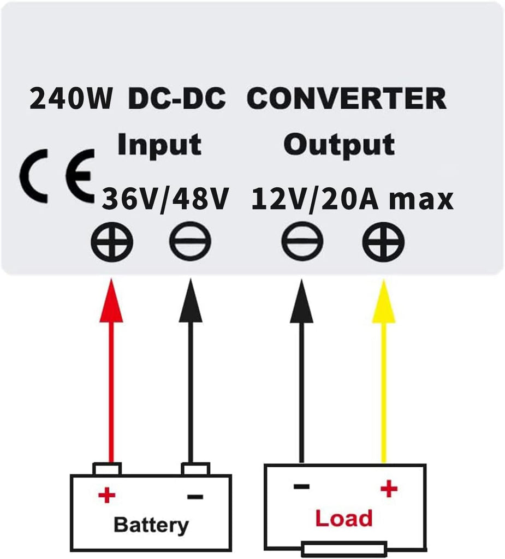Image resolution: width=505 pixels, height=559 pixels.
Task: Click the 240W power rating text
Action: [x=70, y=99]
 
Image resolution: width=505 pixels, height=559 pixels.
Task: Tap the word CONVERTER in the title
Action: [x=346, y=98]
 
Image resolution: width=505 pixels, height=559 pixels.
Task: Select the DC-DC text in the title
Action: [x=176, y=98]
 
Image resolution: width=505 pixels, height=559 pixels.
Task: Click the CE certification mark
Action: [x=58, y=176]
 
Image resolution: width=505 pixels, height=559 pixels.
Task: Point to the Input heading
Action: [x=159, y=145]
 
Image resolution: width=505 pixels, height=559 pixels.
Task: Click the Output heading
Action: [x=339, y=145]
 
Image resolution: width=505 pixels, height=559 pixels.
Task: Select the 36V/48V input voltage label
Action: [x=165, y=199]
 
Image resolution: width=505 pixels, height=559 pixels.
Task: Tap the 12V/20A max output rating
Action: [x=352, y=199]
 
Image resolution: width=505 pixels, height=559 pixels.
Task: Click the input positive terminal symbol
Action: [x=112, y=242]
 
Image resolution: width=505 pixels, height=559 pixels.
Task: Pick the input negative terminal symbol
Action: [x=190, y=241]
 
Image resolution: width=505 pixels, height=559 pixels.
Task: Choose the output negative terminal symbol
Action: [x=302, y=241]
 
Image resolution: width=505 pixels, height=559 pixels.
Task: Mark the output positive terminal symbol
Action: [x=383, y=242]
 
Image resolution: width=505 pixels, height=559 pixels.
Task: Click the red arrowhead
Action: [x=111, y=301]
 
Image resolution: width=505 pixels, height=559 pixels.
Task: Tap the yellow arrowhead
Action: [x=384, y=301]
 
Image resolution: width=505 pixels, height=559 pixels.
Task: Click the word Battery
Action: [x=151, y=525]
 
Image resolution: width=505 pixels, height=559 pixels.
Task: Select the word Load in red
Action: [x=344, y=519]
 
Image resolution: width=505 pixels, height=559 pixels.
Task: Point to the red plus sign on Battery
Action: [x=107, y=495]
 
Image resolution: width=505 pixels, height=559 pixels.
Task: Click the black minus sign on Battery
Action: [x=195, y=497]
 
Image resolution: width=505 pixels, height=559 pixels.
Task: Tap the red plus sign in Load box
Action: [x=389, y=489]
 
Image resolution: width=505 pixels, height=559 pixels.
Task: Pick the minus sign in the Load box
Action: [x=301, y=486]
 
